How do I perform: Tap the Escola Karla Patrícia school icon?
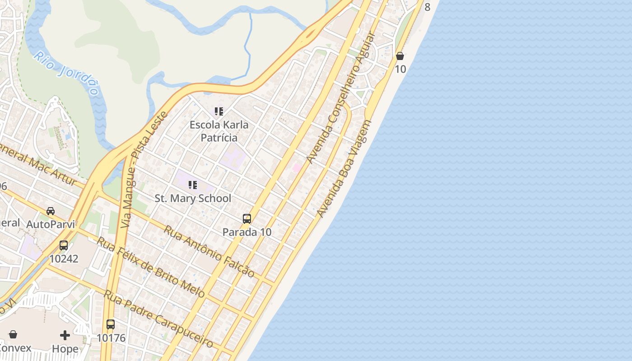click(x=219, y=111)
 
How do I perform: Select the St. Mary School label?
click(x=193, y=198)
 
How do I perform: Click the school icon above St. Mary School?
click(x=193, y=185)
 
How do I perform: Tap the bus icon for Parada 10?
click(x=247, y=219)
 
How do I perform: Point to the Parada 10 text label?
click(x=247, y=232)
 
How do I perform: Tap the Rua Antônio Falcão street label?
click(x=209, y=251)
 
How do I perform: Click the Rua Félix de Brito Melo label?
click(x=151, y=267)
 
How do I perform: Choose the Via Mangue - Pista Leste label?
click(x=144, y=169)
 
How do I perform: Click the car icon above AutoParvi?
click(x=51, y=211)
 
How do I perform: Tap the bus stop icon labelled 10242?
click(x=64, y=245)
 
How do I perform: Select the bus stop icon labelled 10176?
click(x=111, y=324)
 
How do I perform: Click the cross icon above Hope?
click(x=65, y=335)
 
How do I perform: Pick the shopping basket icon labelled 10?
click(x=400, y=56)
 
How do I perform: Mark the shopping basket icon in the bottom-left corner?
click(x=13, y=334)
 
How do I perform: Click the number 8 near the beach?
click(x=427, y=7)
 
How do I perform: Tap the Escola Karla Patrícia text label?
click(x=219, y=131)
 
